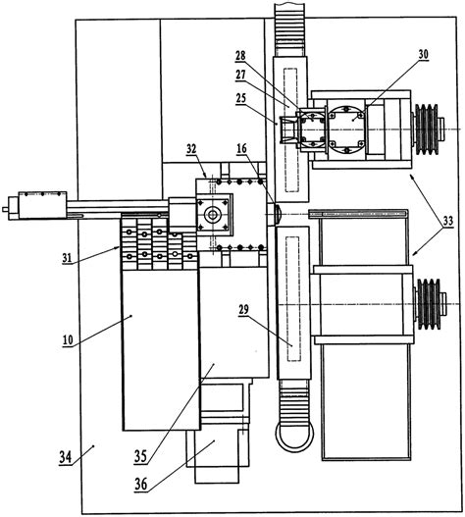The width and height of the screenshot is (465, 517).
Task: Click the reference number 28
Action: point(240,55)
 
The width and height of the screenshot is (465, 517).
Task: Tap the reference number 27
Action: point(240,75)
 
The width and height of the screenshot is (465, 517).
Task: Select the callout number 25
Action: point(240,98)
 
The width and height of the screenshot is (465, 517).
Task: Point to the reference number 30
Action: point(423,54)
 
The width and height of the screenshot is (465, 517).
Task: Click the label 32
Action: point(191,149)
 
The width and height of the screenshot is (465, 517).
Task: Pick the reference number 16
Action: point(241,148)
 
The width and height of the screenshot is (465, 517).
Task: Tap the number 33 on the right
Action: point(448,221)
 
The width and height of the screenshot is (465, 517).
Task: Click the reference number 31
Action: point(67,257)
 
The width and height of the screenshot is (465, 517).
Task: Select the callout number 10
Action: point(68,339)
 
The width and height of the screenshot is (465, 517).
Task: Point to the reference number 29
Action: point(243,310)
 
